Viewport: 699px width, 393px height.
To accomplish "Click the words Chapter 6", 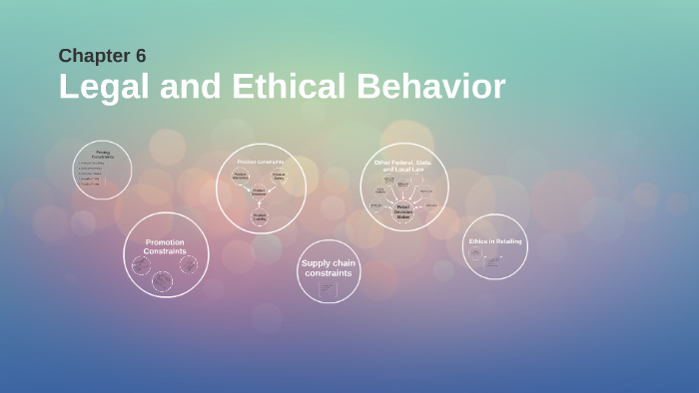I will click(x=102, y=56).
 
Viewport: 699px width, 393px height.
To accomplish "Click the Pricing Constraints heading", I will click(x=103, y=155).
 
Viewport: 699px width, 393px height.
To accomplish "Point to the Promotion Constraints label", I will click(x=165, y=246).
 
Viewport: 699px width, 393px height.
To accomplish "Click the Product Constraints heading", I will click(x=261, y=162).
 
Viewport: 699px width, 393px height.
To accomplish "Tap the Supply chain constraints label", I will click(x=328, y=267).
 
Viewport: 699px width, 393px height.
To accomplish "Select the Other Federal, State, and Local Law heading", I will click(x=403, y=166).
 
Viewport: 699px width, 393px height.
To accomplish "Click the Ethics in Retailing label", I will click(x=495, y=241).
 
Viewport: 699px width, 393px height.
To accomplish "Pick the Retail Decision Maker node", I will click(x=403, y=210).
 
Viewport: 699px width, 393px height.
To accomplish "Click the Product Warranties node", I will click(x=241, y=177).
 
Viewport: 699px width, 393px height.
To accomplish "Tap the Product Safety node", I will click(x=279, y=177).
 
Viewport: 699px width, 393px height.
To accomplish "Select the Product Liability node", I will click(x=260, y=216).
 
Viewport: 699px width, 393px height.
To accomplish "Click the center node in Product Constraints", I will click(x=260, y=193).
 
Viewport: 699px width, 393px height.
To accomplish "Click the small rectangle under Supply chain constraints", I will click(x=328, y=289).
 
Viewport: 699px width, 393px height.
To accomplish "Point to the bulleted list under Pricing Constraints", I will click(x=92, y=174).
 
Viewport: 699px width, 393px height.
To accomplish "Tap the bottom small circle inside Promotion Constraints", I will click(x=162, y=281).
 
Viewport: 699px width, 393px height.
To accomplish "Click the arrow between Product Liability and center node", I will click(x=260, y=204).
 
